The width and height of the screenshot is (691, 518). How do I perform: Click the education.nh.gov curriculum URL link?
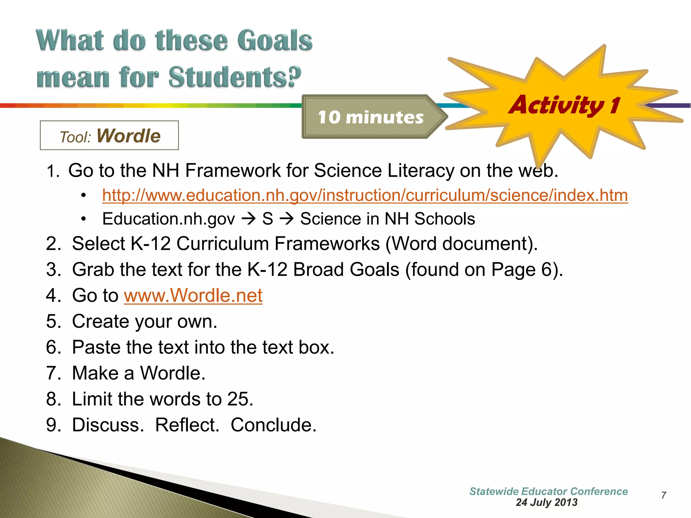[x=365, y=196]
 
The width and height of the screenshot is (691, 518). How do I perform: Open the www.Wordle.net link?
[x=193, y=296]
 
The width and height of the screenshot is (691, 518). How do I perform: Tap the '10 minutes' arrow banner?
[x=370, y=117]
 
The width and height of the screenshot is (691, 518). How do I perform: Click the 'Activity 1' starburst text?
[x=564, y=105]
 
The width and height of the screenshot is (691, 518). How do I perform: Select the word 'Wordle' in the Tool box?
[x=128, y=136]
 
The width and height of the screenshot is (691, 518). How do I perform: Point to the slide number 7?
[x=663, y=495]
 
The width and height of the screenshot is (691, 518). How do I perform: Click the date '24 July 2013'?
[x=547, y=502]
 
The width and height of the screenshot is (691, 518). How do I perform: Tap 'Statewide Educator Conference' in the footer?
[x=548, y=491]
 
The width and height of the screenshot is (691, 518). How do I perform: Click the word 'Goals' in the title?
[x=274, y=40]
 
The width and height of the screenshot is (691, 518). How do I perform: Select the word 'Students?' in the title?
[x=235, y=77]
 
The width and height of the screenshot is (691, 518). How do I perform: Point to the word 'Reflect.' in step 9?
[x=187, y=425]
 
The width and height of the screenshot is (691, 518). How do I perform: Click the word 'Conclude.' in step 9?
[x=273, y=425]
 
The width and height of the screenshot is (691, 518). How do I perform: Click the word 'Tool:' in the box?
[x=75, y=137]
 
